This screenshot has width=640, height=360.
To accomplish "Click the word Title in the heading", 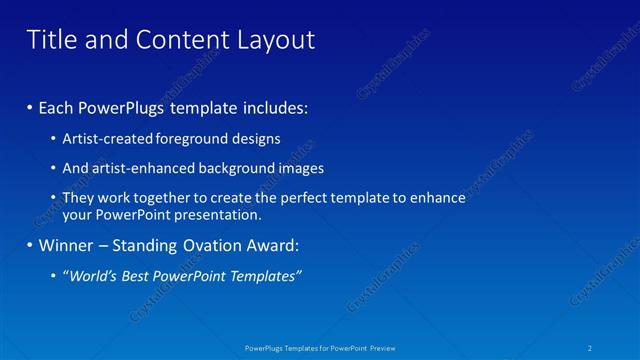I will point(50,39).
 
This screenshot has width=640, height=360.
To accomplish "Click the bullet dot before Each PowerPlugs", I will point(31,106).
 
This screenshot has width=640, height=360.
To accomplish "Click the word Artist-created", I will point(105,138).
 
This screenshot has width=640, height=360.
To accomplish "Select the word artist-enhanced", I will point(139,168).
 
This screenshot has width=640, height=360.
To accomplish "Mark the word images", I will point(301,168).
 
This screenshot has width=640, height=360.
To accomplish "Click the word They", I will point(79,198).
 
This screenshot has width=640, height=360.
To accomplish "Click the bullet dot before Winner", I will point(31,245).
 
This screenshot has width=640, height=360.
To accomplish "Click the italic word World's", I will point(94,276).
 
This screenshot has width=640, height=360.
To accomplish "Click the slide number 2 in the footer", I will point(591,348).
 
